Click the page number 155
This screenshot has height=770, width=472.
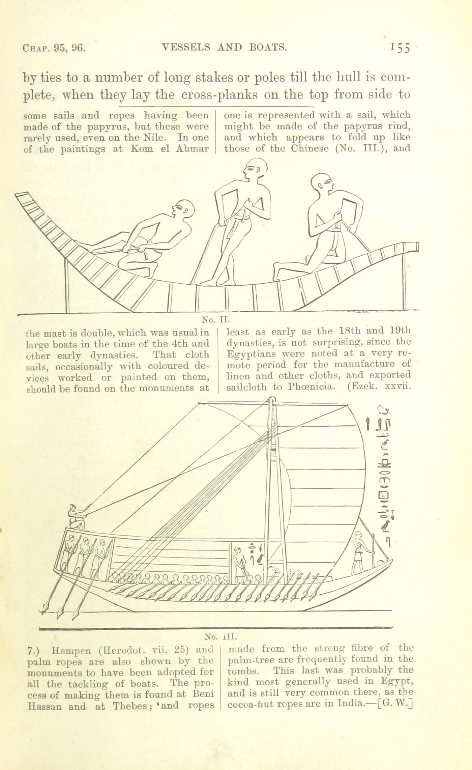coord(400,48)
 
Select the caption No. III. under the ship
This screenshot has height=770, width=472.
coord(221,637)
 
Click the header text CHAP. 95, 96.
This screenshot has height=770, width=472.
coord(54,48)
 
